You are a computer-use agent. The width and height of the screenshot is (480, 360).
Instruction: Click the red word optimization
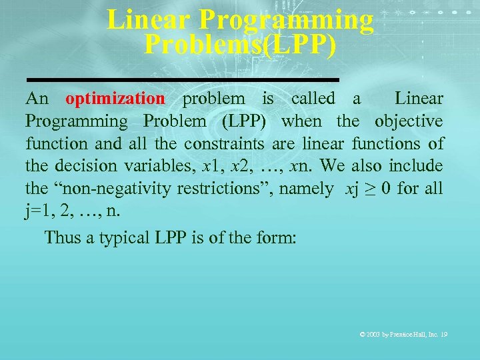[115, 99]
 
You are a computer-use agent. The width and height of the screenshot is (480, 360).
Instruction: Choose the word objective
[408, 121]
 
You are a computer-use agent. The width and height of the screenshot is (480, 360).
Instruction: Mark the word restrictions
[227, 189]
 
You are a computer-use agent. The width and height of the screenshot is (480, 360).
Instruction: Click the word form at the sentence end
[277, 237]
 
